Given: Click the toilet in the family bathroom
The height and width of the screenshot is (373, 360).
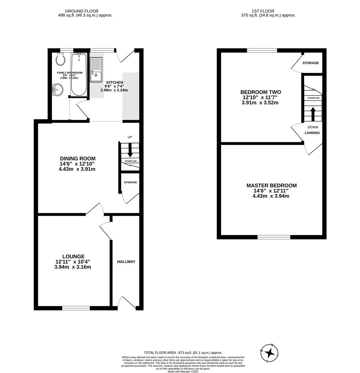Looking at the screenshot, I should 61,59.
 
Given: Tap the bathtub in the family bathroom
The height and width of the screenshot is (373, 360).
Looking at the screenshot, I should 79,74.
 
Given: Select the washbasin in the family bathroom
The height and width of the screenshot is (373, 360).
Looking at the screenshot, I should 57,90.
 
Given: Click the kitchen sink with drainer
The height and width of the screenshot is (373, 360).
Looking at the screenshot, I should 96,70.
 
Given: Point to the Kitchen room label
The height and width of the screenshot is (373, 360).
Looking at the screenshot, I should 114,83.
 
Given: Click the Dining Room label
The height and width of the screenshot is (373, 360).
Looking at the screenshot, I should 77,159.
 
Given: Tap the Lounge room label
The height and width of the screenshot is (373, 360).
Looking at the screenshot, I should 73,257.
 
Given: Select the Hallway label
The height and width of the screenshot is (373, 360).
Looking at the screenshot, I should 126,262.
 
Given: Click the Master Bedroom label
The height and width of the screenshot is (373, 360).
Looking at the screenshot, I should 271,186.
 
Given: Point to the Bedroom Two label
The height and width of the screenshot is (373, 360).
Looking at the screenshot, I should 260,92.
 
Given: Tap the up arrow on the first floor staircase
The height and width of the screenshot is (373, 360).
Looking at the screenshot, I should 313,114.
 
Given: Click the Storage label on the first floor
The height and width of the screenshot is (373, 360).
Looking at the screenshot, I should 311,63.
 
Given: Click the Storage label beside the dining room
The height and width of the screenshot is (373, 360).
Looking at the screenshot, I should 130,182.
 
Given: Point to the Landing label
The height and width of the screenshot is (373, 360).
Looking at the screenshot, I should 312,133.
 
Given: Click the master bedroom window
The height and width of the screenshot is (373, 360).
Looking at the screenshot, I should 274,237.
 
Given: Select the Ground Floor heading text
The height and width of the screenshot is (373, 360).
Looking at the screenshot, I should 82,11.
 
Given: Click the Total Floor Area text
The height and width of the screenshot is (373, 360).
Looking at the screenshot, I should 183,353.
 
